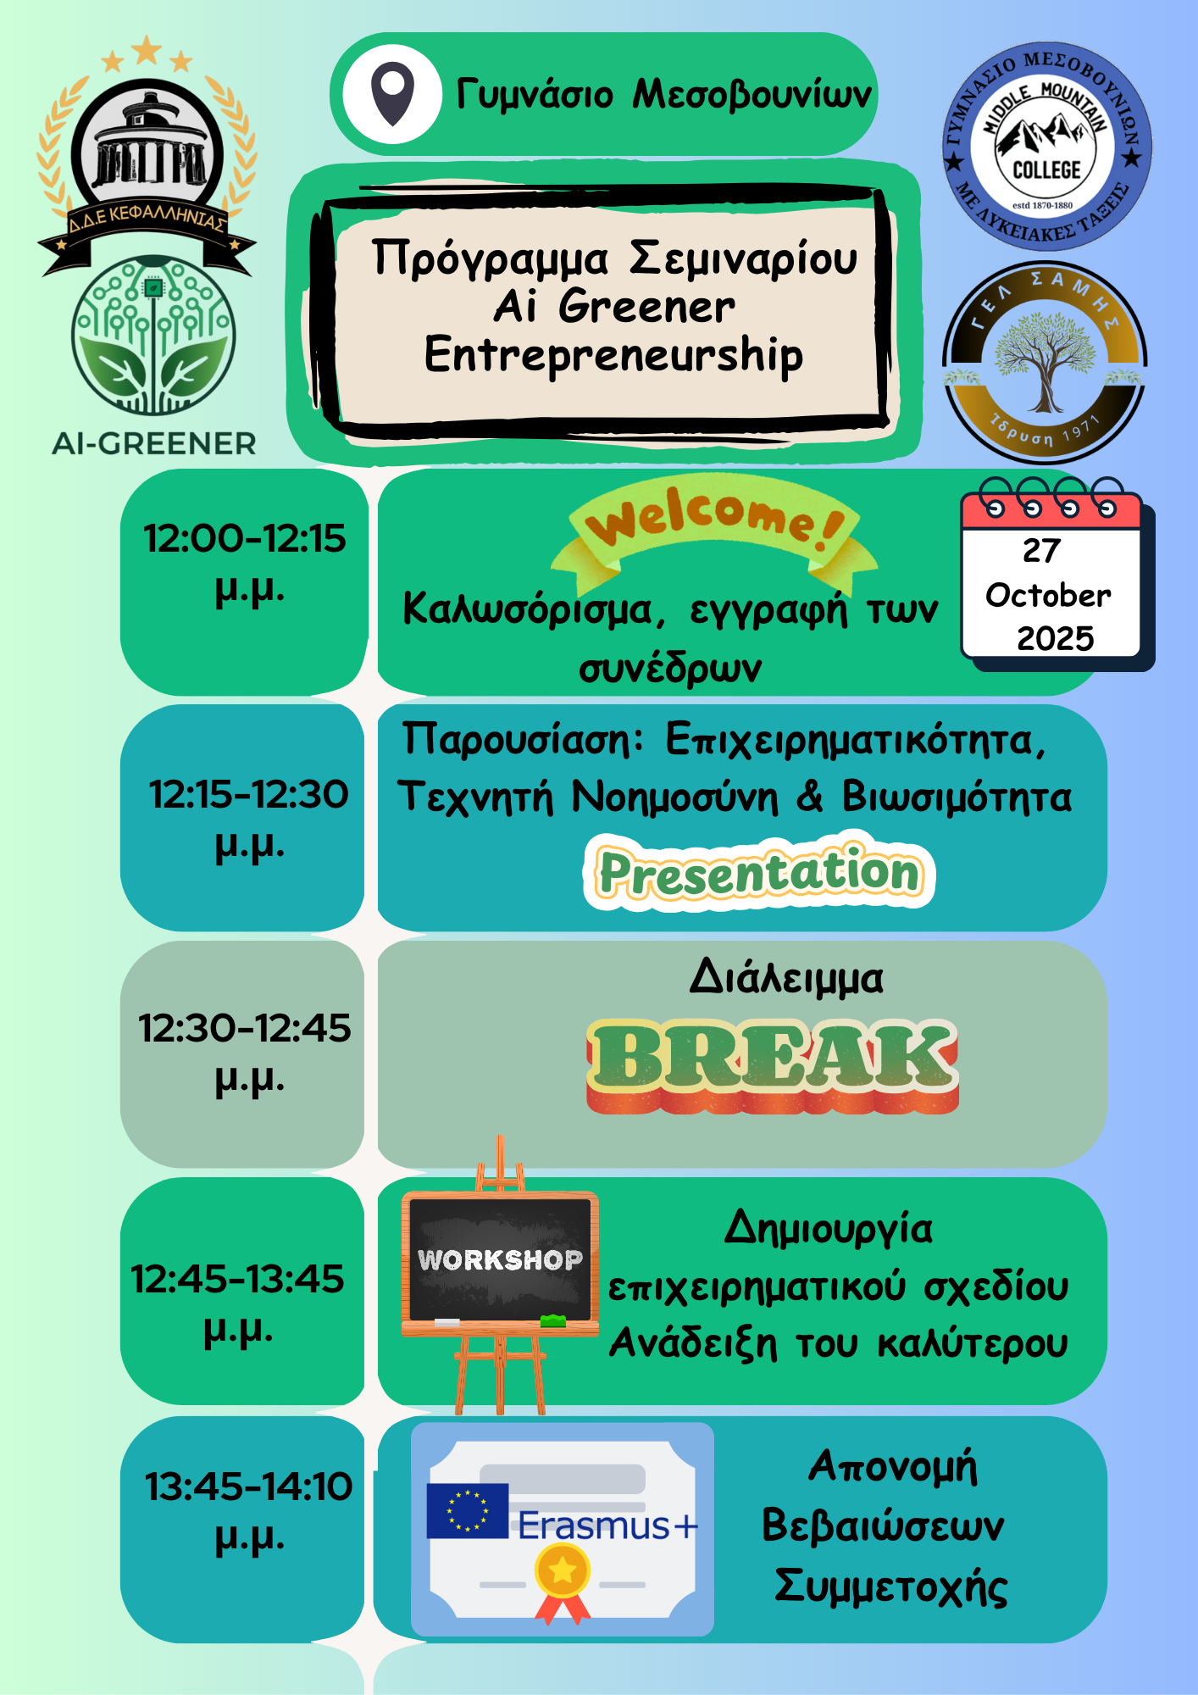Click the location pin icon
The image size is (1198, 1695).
tap(392, 95)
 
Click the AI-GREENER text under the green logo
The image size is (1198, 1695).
tap(153, 443)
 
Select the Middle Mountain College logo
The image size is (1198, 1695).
tap(1047, 147)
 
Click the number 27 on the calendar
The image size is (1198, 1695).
tap(1041, 551)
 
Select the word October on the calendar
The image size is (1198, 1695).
tap(1048, 595)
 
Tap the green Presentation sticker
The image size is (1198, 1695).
tap(759, 872)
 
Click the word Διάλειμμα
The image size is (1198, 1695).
tap(786, 978)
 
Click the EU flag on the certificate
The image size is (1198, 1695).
tap(468, 1510)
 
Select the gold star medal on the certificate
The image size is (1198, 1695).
tap(563, 1571)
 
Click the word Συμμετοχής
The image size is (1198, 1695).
tap(890, 1587)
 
